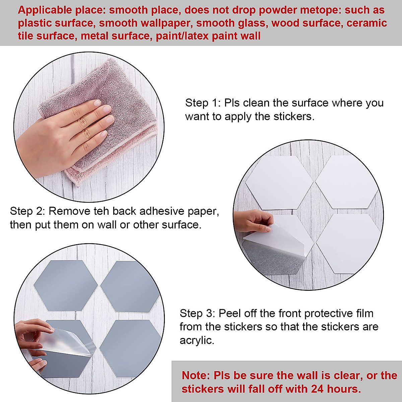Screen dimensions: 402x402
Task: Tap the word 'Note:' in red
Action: (196, 375)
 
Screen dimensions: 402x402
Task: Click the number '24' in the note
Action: (318, 389)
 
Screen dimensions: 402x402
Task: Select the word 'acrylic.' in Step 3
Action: (197, 340)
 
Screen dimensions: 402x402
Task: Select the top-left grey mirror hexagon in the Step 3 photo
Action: (65, 281)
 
